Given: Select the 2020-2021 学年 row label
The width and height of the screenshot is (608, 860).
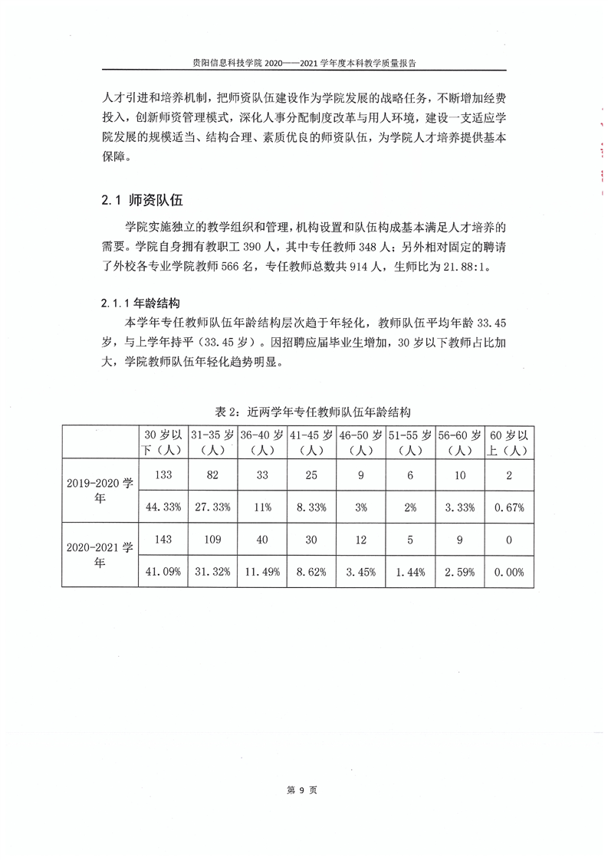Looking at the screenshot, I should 100,553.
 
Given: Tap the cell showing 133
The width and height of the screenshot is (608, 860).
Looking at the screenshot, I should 163,475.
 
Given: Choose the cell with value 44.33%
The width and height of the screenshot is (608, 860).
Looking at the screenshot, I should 163,507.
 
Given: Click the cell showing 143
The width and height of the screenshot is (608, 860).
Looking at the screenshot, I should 163,539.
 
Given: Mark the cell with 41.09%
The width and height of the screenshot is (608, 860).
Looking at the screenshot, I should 163,571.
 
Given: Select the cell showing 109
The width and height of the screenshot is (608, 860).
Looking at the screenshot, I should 213,539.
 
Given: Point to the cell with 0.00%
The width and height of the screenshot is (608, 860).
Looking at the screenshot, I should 509,571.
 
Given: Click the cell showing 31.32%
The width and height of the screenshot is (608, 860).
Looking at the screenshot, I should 213,571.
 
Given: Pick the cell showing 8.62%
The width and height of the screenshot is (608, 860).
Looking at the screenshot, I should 311,571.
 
